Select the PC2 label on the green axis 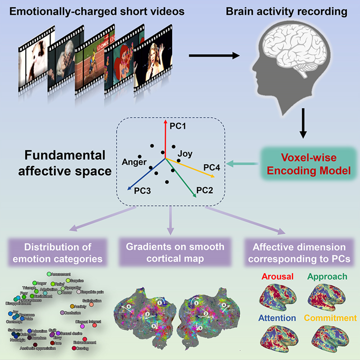(204, 189)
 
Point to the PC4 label (212, 167)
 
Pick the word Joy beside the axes (185, 154)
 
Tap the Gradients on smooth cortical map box (174, 253)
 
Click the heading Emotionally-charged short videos (89, 12)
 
